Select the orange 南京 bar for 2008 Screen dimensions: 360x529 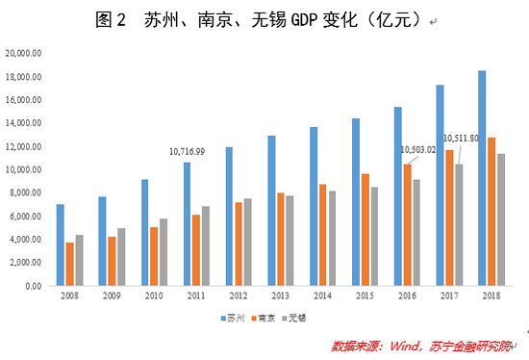tap(69, 264)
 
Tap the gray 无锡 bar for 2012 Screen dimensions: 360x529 tap(248, 242)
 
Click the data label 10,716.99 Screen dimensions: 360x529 tap(187, 151)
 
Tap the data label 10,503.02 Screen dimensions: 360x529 tap(417, 149)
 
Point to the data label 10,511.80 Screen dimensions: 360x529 tap(461, 138)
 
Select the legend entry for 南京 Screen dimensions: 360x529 tap(264, 317)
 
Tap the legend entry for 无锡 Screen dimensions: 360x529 tap(298, 317)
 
